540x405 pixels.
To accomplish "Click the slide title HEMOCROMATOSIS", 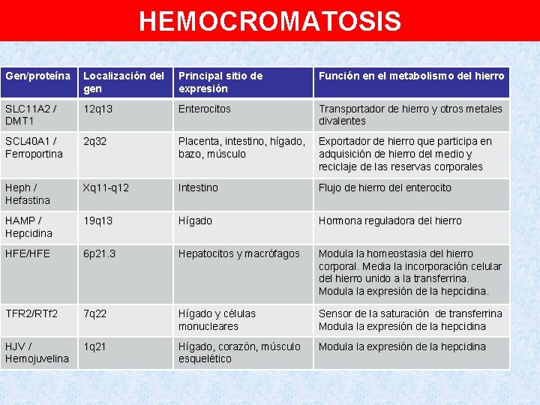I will click(270, 21).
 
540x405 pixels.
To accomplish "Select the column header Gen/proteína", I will click(38, 76).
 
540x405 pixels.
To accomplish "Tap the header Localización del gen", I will click(124, 82).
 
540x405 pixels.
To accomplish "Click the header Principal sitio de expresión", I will click(220, 82).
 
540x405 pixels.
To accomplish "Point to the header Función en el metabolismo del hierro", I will click(412, 76).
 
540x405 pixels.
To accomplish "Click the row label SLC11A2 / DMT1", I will click(30, 115).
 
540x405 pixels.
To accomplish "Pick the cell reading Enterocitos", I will click(205, 109).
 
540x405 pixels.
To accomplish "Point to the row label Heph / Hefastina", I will click(28, 194).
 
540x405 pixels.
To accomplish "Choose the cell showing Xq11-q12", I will click(106, 188).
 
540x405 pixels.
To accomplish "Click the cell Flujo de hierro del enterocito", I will click(385, 188).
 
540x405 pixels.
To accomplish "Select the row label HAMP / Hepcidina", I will click(28, 227).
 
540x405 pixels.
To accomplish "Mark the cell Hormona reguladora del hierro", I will click(390, 221).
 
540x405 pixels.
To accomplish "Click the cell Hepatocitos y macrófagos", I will click(238, 254).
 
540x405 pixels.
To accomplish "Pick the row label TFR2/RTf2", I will click(31, 314).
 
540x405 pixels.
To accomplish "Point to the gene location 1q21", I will click(94, 346).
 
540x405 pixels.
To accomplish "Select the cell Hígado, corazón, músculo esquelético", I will click(239, 352).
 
